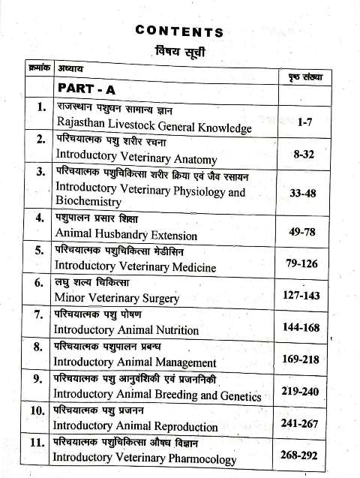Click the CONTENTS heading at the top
[179, 32]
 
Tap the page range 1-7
[304, 121]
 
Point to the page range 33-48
[304, 193]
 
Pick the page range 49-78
[304, 233]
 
